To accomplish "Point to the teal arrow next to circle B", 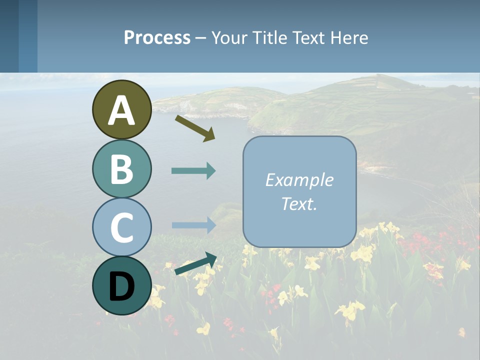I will point(193,171).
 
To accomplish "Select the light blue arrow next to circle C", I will point(193,225).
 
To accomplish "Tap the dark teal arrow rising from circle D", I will point(195,264).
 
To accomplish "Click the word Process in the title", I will point(157,37).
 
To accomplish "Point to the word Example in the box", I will point(299,180).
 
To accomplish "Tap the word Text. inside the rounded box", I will point(299,203).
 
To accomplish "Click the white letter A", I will point(121,111).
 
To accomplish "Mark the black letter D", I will point(121,286).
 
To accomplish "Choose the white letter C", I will point(121,227).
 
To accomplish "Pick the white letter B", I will point(121,169).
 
